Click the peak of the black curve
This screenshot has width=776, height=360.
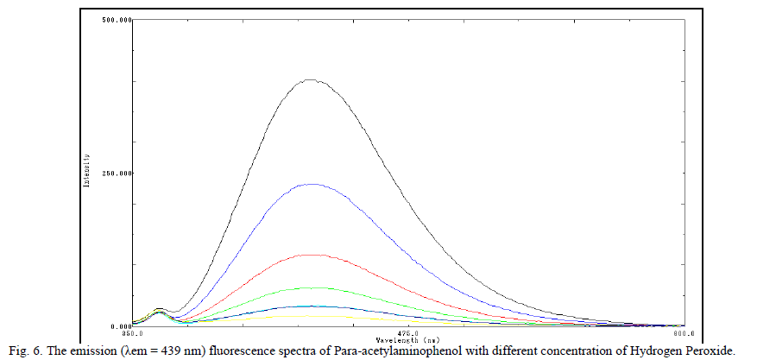pos(311,80)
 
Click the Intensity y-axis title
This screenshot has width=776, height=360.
pos(87,174)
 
